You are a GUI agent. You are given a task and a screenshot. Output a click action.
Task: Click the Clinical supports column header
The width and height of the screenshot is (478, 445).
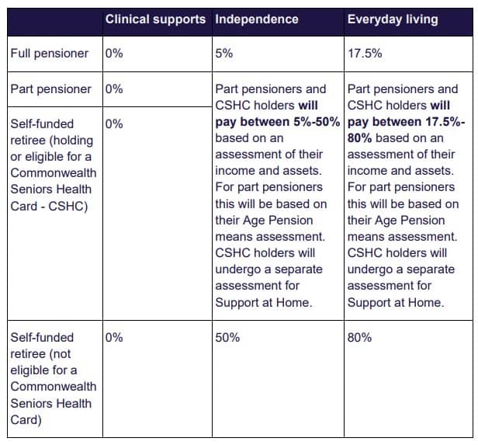pos(155,19)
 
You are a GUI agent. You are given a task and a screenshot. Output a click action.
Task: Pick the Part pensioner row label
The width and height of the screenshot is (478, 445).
pos(50,89)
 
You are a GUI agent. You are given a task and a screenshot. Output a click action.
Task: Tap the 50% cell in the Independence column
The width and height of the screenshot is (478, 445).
pos(227,338)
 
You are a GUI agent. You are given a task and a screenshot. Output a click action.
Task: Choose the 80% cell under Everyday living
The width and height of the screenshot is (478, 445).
pos(361,338)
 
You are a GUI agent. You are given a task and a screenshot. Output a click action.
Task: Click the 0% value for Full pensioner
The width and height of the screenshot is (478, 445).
pos(114,54)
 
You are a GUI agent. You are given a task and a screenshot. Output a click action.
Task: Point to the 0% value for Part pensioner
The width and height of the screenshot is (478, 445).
pos(114,89)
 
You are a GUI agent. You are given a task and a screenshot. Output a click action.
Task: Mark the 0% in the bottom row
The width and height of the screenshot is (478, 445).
pos(114,338)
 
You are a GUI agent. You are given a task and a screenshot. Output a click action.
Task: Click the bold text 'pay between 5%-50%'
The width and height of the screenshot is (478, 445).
pos(277,122)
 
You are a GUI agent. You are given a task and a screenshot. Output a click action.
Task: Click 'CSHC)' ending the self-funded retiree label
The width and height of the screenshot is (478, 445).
pos(73,205)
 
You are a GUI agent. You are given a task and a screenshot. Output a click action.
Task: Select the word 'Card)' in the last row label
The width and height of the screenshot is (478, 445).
pos(28,420)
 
